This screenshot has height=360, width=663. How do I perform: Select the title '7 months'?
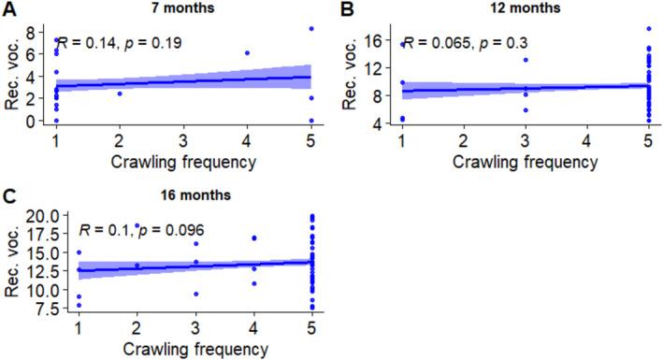[183, 8]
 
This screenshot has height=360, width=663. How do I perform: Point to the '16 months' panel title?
[183, 197]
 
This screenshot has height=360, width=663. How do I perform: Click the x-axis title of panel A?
[183, 161]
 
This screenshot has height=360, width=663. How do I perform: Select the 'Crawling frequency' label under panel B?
[526, 161]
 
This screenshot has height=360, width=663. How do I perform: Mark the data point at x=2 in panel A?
[120, 94]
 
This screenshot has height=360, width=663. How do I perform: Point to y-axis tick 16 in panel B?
[385, 41]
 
